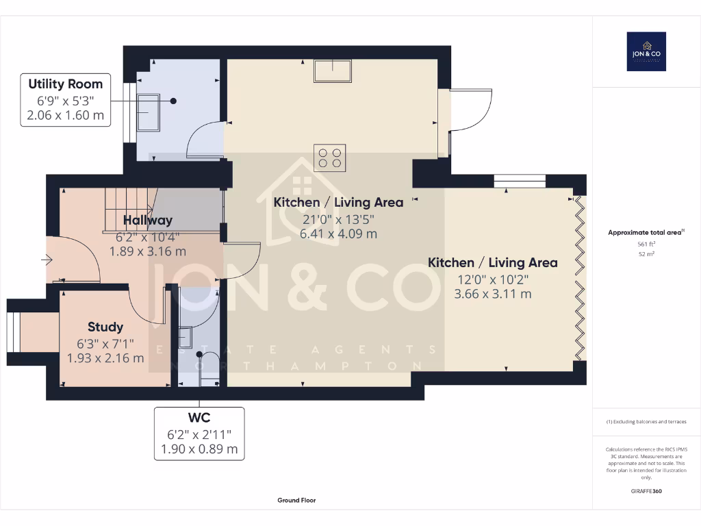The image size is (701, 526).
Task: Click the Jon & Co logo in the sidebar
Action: [646, 51]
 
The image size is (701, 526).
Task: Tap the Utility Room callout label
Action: [66, 99]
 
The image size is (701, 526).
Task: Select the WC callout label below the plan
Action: [199, 433]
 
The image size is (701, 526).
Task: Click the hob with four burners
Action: [330, 157]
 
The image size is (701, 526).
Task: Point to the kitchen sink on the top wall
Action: [333, 70]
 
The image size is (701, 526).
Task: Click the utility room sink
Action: [149, 112]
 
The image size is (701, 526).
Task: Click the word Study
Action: [105, 327]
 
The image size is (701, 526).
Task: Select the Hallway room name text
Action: [148, 220]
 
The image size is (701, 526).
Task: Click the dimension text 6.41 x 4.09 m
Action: [338, 234]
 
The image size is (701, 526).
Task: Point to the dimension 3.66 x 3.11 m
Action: [492, 294]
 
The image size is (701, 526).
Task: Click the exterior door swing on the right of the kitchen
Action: [472, 110]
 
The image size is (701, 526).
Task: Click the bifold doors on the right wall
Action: [581, 277]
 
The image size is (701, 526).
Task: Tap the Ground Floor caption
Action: [296, 501]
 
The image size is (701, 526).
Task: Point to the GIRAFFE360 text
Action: [646, 491]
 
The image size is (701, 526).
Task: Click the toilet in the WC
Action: [208, 363]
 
